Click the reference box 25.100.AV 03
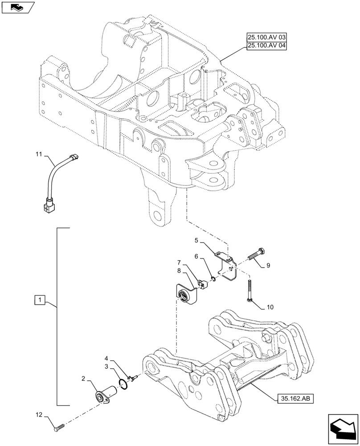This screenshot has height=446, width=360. pos(266,38)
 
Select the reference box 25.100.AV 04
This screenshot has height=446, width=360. pos(266,46)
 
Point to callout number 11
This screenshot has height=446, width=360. pos(39,154)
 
